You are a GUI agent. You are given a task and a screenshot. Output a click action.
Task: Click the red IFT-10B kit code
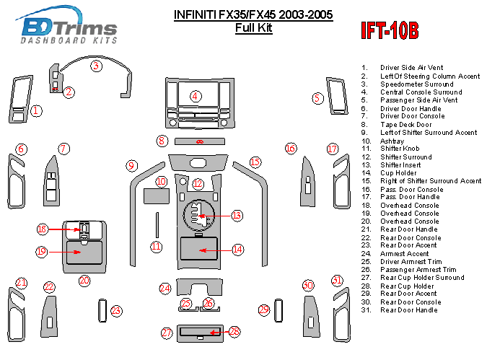[389, 31]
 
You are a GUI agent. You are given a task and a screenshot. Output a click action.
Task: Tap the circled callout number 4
[196, 96]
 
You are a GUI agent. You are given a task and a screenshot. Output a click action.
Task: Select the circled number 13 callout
[237, 215]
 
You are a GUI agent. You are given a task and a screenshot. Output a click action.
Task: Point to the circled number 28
[234, 332]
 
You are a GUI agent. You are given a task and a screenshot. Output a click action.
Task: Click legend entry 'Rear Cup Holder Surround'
[422, 278]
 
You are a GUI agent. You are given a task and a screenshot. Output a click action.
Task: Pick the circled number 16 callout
[290, 149]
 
